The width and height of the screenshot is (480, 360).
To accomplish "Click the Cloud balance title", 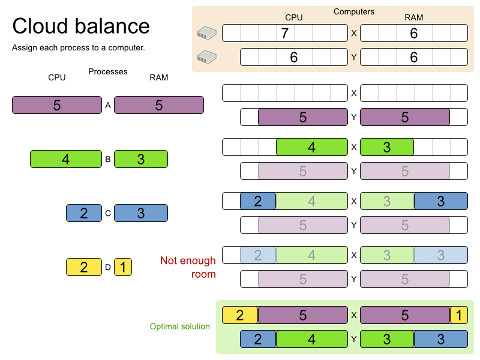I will click(x=81, y=26).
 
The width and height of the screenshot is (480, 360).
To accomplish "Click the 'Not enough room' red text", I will click(x=187, y=267).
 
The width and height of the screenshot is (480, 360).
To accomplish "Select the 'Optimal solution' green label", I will click(x=180, y=326).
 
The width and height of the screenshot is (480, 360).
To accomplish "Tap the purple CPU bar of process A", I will click(x=57, y=105).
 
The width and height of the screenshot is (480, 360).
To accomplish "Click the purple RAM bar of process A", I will click(x=159, y=105).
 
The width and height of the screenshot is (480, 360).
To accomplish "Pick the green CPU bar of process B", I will click(x=66, y=159).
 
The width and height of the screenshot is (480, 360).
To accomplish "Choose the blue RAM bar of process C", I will click(x=141, y=213).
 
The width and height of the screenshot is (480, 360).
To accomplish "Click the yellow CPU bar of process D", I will click(x=84, y=267).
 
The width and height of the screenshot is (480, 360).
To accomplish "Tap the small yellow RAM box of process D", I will click(x=122, y=267).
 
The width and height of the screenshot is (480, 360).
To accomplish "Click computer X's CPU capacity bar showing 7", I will click(x=285, y=33).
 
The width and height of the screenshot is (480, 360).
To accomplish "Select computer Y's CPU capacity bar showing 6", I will click(x=294, y=57).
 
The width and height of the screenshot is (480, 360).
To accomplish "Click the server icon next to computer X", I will click(x=206, y=34).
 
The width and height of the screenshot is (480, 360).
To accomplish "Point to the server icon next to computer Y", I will click(x=206, y=57).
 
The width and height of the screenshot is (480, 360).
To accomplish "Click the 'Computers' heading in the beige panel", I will click(x=354, y=11).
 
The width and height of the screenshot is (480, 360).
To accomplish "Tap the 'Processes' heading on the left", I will click(x=108, y=71).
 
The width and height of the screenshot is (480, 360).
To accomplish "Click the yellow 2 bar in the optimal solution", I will click(x=240, y=315).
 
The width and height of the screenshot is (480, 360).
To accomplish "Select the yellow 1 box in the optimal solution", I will click(x=458, y=315).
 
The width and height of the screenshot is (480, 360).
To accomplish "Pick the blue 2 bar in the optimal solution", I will click(x=258, y=339).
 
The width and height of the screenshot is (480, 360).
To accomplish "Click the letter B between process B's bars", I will click(x=108, y=160).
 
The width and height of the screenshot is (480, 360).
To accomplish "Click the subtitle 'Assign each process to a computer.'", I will click(x=79, y=47).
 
